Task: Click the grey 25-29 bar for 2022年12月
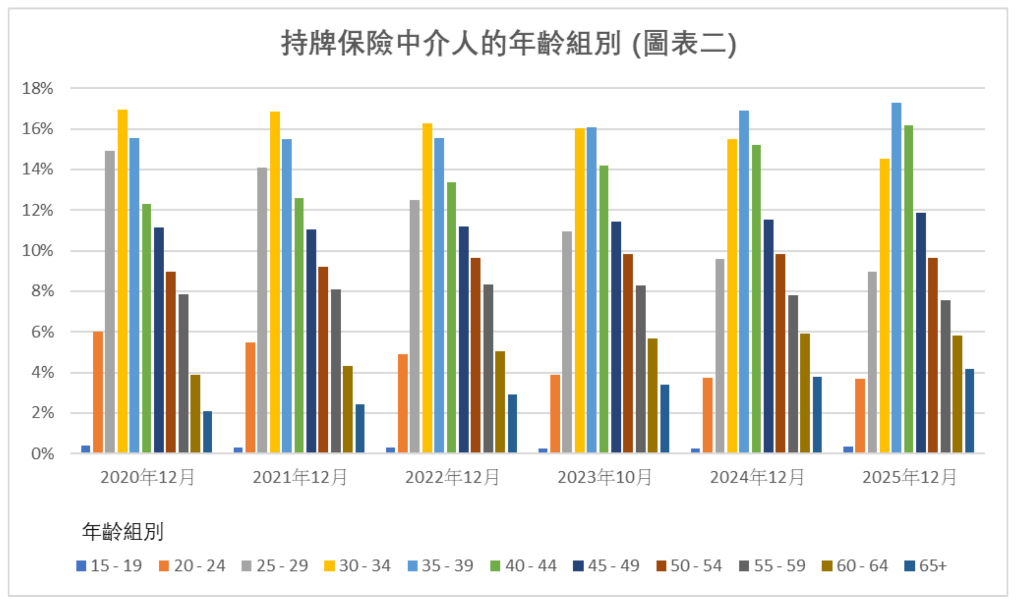click(415, 327)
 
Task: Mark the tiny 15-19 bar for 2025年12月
click(848, 449)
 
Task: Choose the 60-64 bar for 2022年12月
click(500, 402)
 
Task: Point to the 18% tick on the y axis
click(38, 88)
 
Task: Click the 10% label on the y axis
click(38, 251)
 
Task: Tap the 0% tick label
click(42, 453)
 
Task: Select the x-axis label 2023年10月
click(604, 477)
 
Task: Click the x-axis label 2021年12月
click(300, 477)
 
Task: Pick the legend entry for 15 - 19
click(109, 566)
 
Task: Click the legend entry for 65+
click(926, 566)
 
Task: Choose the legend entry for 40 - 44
click(524, 566)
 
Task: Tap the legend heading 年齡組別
click(123, 532)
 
